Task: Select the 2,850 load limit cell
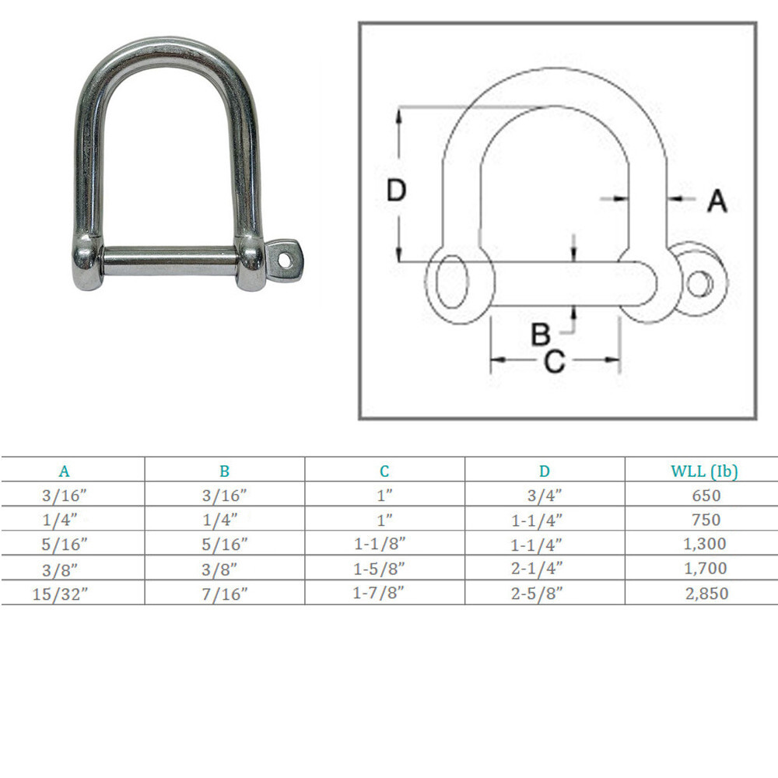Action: tap(706, 593)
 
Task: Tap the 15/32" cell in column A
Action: tap(65, 593)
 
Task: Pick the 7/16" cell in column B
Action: tap(224, 593)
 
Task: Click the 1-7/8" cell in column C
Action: tap(384, 593)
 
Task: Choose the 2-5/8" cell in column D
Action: tap(545, 593)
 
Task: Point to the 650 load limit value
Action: tap(706, 495)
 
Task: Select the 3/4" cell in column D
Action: tap(545, 495)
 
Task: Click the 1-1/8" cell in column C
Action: tap(384, 544)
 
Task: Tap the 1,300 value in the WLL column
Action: tap(706, 544)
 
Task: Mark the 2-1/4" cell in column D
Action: tap(545, 568)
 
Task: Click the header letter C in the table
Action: tap(384, 471)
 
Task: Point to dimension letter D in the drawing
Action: tap(397, 191)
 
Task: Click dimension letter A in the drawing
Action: tap(717, 201)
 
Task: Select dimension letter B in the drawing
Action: tap(541, 335)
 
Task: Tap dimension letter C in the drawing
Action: tap(554, 361)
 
